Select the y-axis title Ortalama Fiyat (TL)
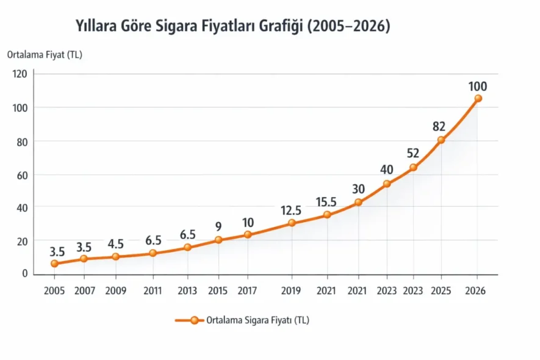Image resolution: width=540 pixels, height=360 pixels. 45,54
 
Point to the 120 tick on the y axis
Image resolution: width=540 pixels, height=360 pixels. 20,74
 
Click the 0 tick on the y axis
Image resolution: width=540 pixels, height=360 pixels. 25,273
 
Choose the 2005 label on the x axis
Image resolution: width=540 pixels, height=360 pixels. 54,291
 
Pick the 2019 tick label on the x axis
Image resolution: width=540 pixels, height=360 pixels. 292,291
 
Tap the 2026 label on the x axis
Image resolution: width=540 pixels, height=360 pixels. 475,291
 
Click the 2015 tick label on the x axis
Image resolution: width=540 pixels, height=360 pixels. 218,291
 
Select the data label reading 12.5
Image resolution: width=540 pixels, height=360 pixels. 291,211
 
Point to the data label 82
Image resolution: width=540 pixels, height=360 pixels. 439,127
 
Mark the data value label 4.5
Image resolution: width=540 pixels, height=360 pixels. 116,244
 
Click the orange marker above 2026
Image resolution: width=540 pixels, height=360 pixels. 478,98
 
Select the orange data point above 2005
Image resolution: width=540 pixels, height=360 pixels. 54,264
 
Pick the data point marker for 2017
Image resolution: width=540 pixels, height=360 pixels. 248,234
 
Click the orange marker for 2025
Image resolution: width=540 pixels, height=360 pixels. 441,140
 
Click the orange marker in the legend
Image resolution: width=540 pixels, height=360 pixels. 194,320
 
